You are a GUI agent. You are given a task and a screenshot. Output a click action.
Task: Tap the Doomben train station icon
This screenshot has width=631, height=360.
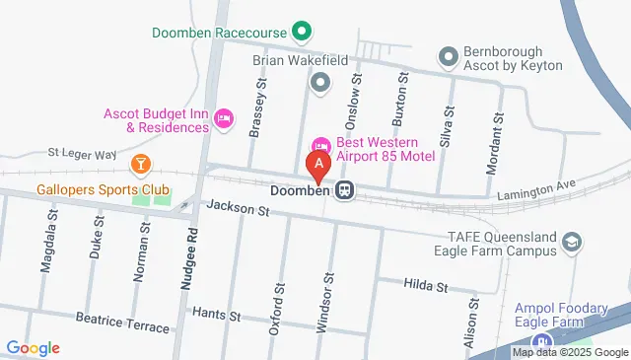point(344,190)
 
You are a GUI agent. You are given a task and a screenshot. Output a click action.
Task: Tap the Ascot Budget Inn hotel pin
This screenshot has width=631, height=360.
point(224,119)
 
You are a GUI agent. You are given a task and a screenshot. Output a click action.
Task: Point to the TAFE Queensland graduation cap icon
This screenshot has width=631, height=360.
point(572,242)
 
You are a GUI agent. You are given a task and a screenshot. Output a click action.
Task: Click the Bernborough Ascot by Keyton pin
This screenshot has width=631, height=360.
point(450,56)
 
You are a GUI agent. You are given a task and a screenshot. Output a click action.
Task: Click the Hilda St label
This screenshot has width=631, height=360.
point(426,286)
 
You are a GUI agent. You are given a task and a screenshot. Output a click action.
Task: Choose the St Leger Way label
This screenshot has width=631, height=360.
point(83,154)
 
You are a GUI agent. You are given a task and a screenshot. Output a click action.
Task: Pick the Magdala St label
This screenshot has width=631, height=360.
point(46,247)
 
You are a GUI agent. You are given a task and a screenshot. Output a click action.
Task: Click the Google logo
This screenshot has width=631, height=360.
point(33,347)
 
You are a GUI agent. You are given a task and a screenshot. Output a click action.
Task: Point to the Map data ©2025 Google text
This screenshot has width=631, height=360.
point(570,352)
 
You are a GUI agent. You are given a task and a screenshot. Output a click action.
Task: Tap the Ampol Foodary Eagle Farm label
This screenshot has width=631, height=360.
point(561,315)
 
